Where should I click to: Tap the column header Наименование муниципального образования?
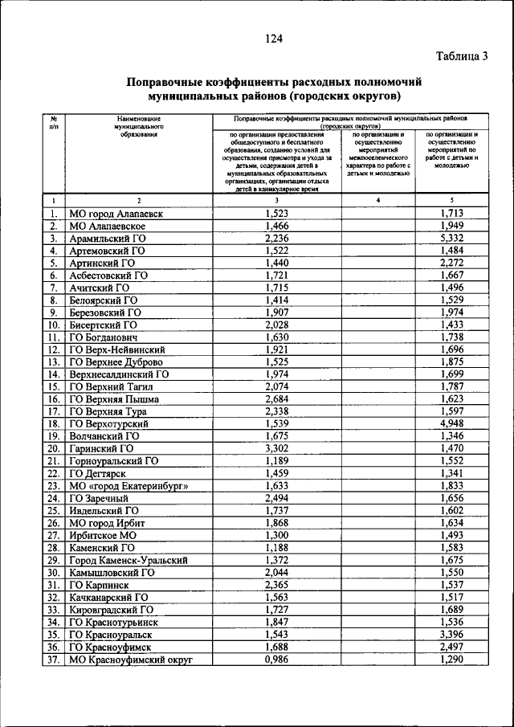click(x=138, y=126)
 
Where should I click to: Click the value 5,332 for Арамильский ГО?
click(x=452, y=239)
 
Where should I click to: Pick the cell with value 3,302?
click(x=276, y=449)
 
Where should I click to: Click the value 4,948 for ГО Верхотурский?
click(x=452, y=423)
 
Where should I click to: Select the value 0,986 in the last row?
click(x=276, y=660)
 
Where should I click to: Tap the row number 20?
click(x=54, y=449)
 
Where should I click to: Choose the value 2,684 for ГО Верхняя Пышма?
click(x=276, y=398)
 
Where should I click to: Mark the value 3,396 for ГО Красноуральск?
click(x=452, y=635)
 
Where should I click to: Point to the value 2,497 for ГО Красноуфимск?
click(x=452, y=647)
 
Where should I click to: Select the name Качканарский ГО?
click(x=109, y=597)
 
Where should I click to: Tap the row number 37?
click(x=54, y=660)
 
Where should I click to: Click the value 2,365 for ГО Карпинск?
click(x=276, y=585)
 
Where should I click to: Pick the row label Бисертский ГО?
click(x=104, y=325)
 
